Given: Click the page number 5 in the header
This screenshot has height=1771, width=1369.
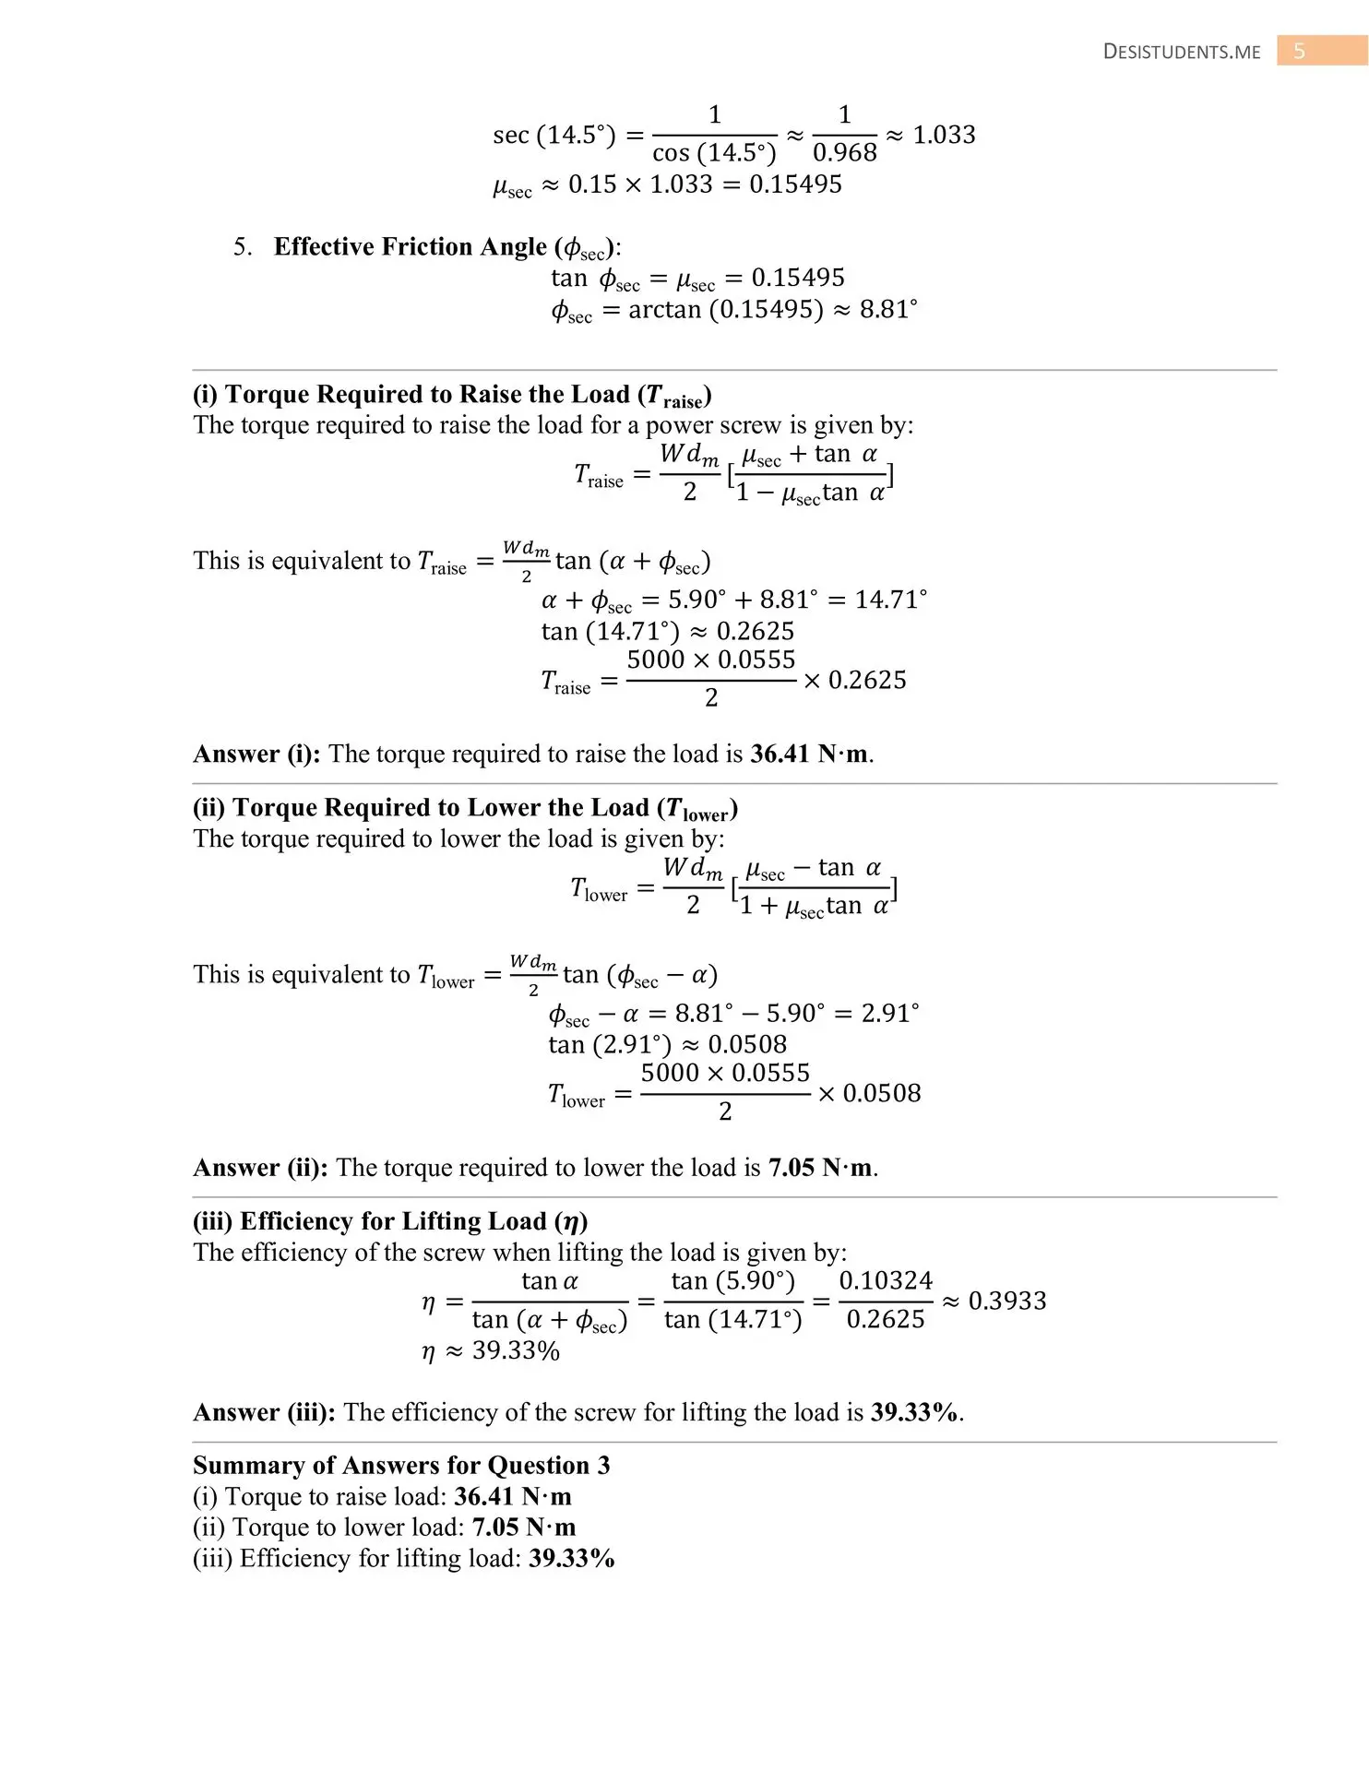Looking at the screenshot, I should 1299,51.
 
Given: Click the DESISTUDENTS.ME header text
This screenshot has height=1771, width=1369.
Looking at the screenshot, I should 1182,52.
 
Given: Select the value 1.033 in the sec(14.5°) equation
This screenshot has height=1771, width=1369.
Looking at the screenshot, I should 944,135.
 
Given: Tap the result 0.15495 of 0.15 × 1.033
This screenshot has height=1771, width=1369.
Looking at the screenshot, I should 795,184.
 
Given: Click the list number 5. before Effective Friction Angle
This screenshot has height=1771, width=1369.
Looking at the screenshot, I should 243,247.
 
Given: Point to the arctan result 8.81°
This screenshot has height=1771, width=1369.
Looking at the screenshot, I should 888,309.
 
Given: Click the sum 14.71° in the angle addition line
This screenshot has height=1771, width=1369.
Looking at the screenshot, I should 890,600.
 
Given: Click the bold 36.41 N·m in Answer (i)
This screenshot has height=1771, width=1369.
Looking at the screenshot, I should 808,754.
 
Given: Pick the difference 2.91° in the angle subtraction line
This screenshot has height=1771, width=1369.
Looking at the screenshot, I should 890,1013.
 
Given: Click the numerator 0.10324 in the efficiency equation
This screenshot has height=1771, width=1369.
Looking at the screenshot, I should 886,1280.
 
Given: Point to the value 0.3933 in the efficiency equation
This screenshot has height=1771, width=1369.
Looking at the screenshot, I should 1006,1301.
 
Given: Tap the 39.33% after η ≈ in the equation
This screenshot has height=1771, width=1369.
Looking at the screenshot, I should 516,1351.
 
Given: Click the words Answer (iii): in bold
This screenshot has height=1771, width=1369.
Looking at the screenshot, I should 264,1412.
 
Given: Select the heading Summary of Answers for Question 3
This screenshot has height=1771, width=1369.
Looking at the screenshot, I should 401,1466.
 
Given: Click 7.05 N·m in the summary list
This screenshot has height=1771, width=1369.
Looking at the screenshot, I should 523,1527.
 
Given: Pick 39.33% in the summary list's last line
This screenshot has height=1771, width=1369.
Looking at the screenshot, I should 571,1559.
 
